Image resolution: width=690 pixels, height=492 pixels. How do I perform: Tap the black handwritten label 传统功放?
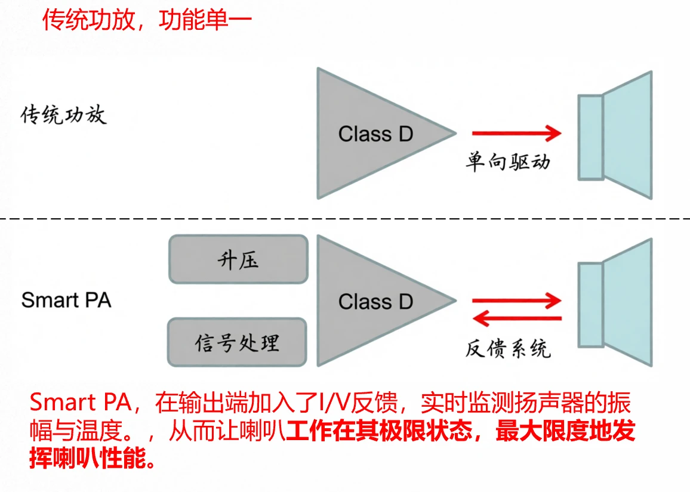(x=64, y=114)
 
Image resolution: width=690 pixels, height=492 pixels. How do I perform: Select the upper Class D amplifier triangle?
(x=370, y=134)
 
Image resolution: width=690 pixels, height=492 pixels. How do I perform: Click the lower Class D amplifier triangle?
(x=370, y=301)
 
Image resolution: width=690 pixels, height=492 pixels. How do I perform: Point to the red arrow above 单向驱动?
(x=516, y=134)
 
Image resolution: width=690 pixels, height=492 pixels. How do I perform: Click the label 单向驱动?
(x=508, y=162)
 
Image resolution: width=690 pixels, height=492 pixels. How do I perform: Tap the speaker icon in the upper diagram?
(x=615, y=135)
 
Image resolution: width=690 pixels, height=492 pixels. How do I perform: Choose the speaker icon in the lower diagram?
(x=615, y=302)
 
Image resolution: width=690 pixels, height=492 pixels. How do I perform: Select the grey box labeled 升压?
(x=238, y=259)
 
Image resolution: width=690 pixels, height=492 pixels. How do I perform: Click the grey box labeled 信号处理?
(x=237, y=342)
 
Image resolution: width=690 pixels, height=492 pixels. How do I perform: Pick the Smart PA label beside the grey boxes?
(x=66, y=300)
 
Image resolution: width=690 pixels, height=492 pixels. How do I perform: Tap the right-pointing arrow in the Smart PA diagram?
(x=516, y=301)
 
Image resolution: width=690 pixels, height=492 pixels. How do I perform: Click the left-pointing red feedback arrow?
(x=516, y=320)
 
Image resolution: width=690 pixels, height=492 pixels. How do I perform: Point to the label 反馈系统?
(x=508, y=348)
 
